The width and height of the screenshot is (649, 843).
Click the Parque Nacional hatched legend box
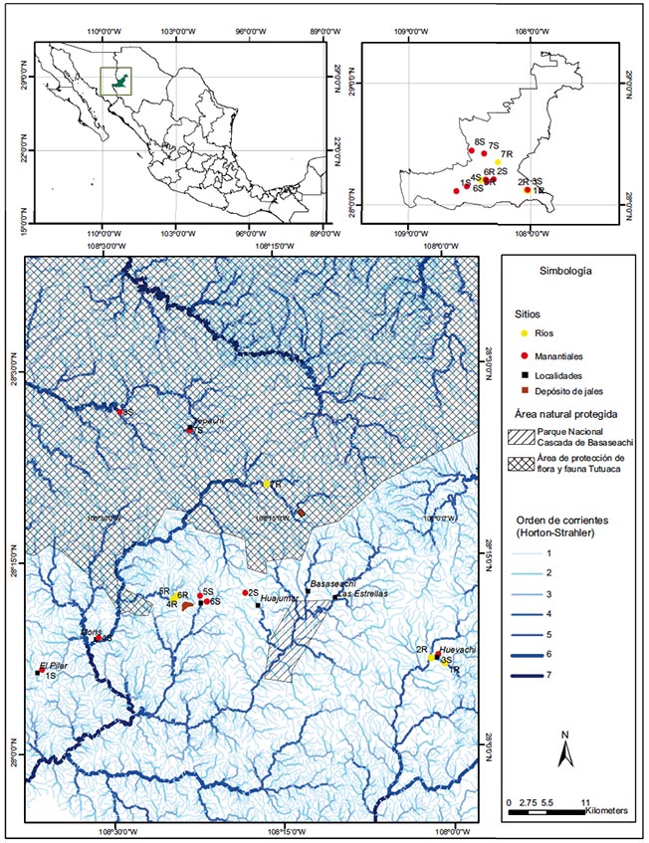point(522,435)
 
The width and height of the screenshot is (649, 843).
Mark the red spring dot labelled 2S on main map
point(245,593)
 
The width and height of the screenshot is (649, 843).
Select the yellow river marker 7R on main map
point(267,484)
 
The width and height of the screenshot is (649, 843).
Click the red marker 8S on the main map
point(119,412)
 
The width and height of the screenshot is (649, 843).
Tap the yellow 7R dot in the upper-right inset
point(498,161)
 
